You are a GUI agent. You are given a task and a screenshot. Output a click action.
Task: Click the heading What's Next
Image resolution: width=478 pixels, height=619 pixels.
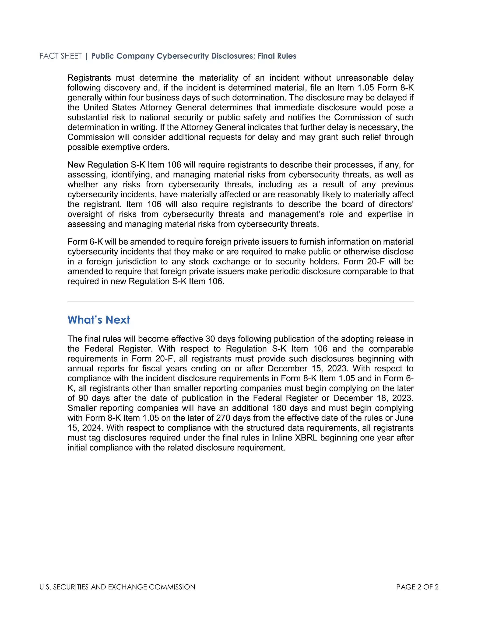click(x=98, y=320)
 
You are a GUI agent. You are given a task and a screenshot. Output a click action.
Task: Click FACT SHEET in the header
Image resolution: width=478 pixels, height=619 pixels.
click(x=60, y=56)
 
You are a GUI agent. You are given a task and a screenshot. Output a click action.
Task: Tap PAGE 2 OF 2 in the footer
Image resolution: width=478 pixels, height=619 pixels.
click(x=417, y=587)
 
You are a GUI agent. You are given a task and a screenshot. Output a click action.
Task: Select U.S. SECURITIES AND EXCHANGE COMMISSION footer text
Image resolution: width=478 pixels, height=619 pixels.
click(x=117, y=587)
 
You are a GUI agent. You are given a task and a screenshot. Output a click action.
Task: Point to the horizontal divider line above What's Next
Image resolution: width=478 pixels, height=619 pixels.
click(x=240, y=302)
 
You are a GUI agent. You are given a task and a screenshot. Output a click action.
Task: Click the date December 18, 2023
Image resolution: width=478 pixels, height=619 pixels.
click(x=373, y=398)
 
